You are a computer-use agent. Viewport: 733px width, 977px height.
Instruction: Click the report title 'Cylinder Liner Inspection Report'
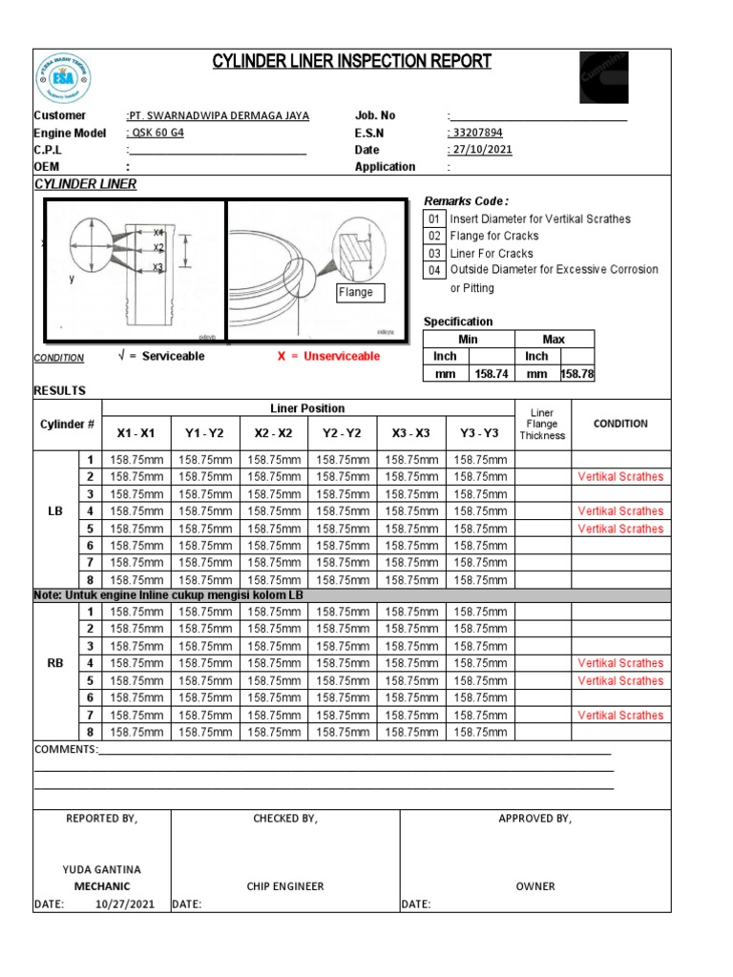tap(352, 63)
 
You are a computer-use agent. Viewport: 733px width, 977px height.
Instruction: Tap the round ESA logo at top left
tap(64, 79)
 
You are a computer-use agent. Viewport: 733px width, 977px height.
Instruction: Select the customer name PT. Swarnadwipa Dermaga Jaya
tap(219, 115)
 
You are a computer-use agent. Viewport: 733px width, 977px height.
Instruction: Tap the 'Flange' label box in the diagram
tap(355, 292)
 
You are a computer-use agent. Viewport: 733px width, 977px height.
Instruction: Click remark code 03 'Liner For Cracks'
tap(491, 254)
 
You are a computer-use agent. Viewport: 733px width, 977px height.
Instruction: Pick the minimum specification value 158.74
tap(484, 374)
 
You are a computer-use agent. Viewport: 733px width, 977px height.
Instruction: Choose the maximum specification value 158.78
tap(577, 374)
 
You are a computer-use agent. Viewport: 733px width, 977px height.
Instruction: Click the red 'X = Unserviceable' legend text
tap(328, 356)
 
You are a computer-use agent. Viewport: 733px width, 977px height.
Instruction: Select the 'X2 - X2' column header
tap(274, 433)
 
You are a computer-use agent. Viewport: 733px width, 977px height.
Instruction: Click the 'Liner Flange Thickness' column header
tap(542, 425)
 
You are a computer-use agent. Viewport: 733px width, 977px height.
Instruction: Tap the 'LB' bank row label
tap(55, 511)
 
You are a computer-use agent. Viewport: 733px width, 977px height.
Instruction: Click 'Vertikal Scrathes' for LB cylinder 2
tap(620, 477)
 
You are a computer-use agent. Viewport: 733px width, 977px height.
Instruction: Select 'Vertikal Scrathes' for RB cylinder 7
tap(620, 716)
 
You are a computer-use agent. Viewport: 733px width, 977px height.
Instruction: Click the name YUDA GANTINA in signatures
tap(102, 869)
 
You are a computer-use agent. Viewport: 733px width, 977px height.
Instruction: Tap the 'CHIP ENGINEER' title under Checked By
tap(285, 886)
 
